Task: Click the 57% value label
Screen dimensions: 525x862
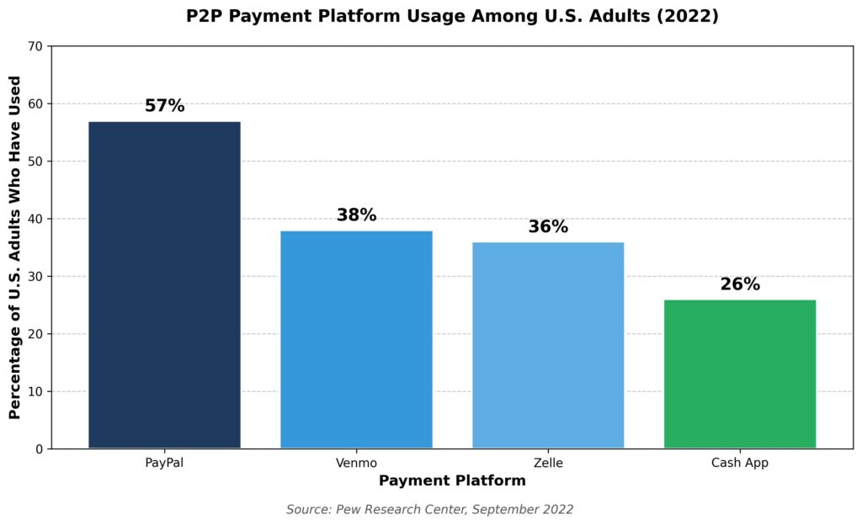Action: [x=164, y=106]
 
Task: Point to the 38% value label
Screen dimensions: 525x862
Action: [x=356, y=215]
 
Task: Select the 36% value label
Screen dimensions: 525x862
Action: [x=548, y=227]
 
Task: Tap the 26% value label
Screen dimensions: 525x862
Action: [x=740, y=284]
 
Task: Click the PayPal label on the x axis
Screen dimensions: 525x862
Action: [x=164, y=463]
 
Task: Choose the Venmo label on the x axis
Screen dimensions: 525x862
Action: [x=356, y=463]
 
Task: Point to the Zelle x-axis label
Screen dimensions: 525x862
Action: [x=548, y=463]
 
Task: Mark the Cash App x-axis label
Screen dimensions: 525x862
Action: [x=740, y=463]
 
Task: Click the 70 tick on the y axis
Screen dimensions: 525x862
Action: [x=36, y=46]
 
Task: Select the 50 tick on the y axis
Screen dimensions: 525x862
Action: [x=36, y=162]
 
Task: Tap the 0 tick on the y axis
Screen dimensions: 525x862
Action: [x=40, y=449]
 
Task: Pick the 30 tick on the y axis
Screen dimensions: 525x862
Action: [x=36, y=277]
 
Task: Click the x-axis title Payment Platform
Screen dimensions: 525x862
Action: [x=452, y=481]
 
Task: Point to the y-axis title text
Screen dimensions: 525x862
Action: [x=14, y=247]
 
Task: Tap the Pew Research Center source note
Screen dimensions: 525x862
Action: [x=429, y=509]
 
